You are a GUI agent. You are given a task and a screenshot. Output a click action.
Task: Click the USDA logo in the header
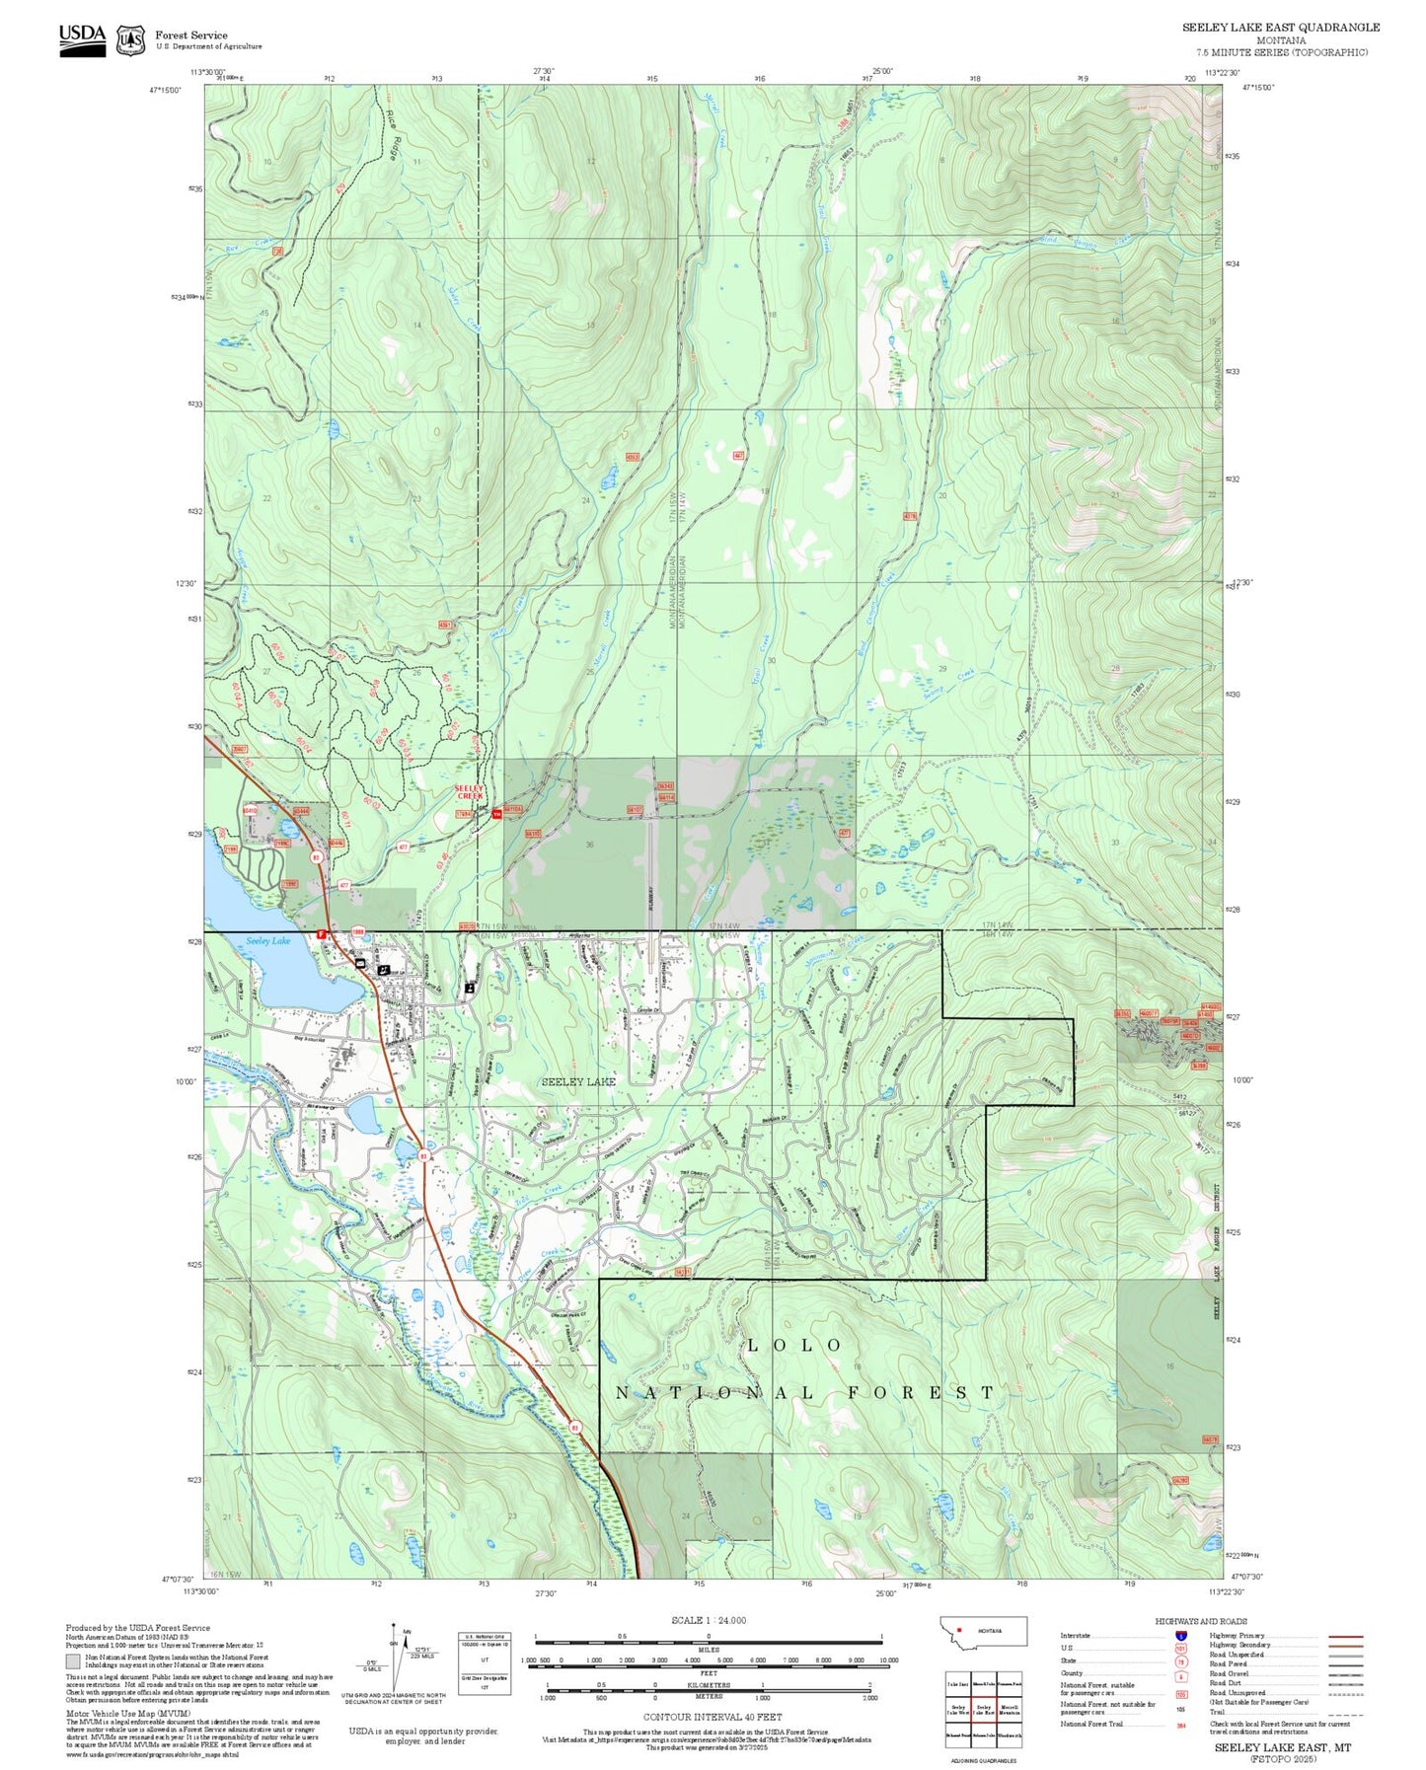point(82,35)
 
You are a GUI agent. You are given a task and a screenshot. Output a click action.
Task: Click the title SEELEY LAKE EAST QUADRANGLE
point(1281,28)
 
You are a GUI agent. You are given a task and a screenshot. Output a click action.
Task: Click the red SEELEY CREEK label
point(470,791)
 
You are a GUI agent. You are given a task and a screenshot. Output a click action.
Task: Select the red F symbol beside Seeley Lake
point(320,933)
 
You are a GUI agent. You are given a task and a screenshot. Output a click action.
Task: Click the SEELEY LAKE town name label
point(578,1081)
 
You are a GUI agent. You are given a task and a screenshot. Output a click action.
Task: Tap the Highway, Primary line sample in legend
point(1346,1636)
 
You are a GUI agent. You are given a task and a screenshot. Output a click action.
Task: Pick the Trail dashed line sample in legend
point(1346,1713)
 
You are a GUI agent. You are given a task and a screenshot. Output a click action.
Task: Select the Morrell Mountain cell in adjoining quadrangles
point(1009,1710)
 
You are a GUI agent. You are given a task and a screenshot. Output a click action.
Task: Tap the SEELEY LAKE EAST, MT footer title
point(1282,1747)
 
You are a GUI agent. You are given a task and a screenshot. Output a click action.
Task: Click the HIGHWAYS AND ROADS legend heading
point(1201,1621)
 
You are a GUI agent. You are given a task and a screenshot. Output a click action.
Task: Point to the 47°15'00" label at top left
point(167,90)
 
